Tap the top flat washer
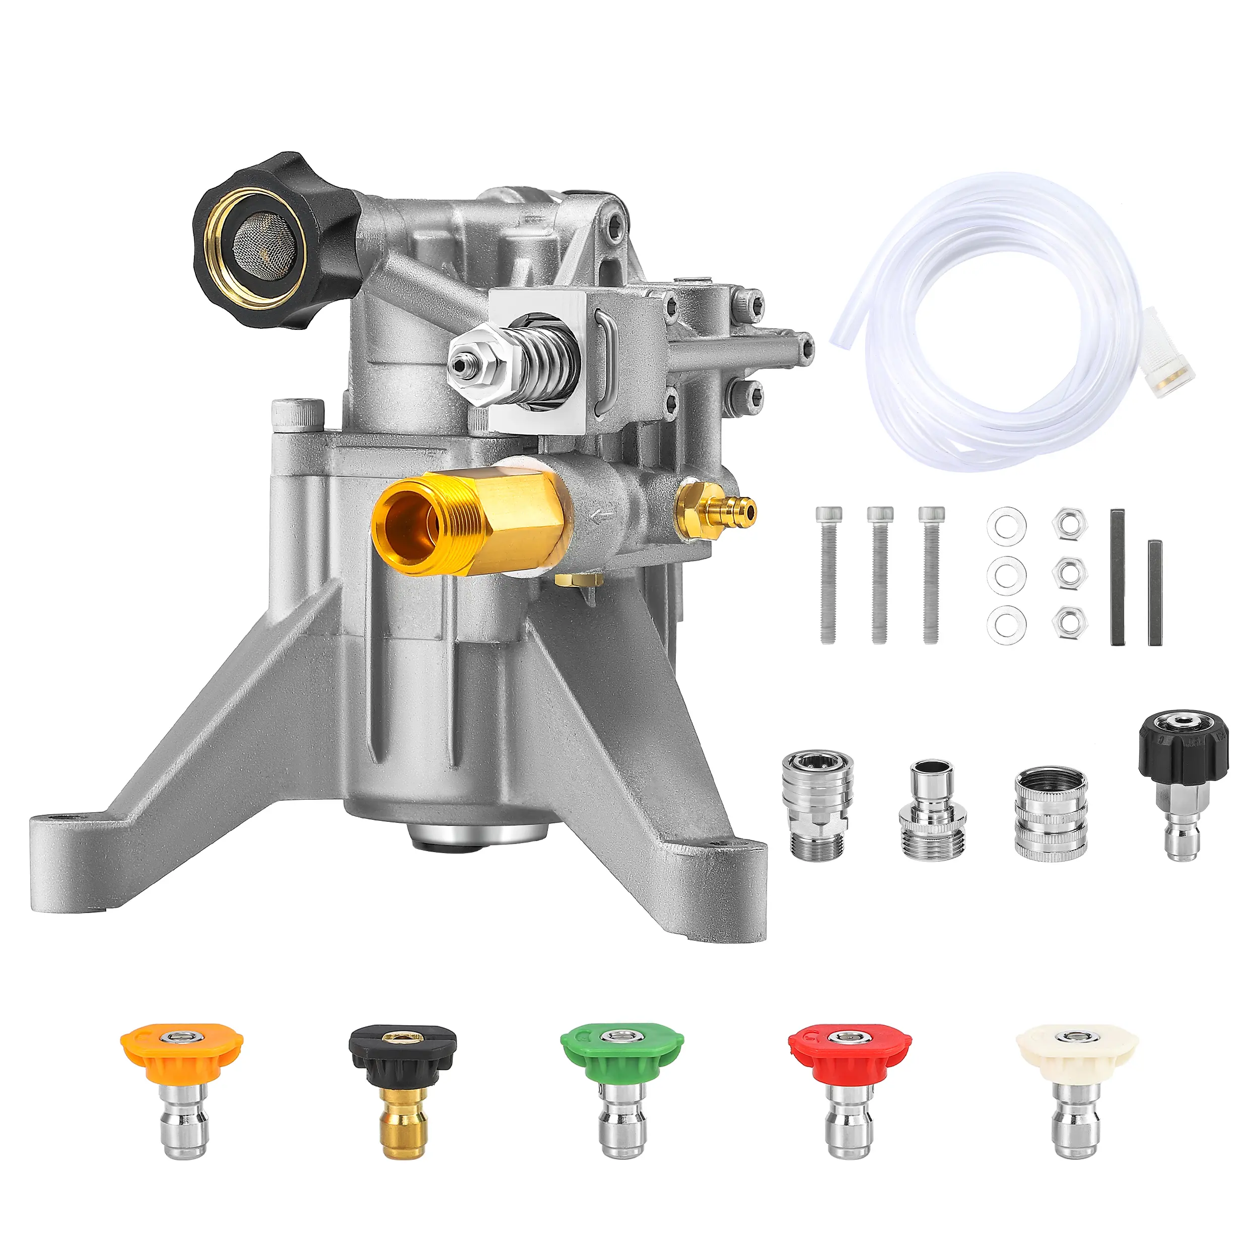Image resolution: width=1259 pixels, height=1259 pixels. (1006, 525)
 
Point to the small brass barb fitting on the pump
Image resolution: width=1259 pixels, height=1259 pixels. (717, 508)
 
